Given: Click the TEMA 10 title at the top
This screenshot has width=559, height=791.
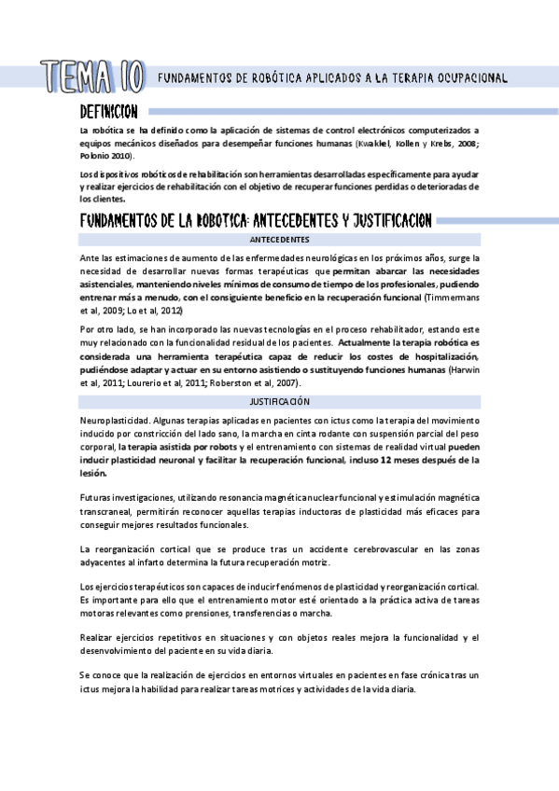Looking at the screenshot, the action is pos(91,75).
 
